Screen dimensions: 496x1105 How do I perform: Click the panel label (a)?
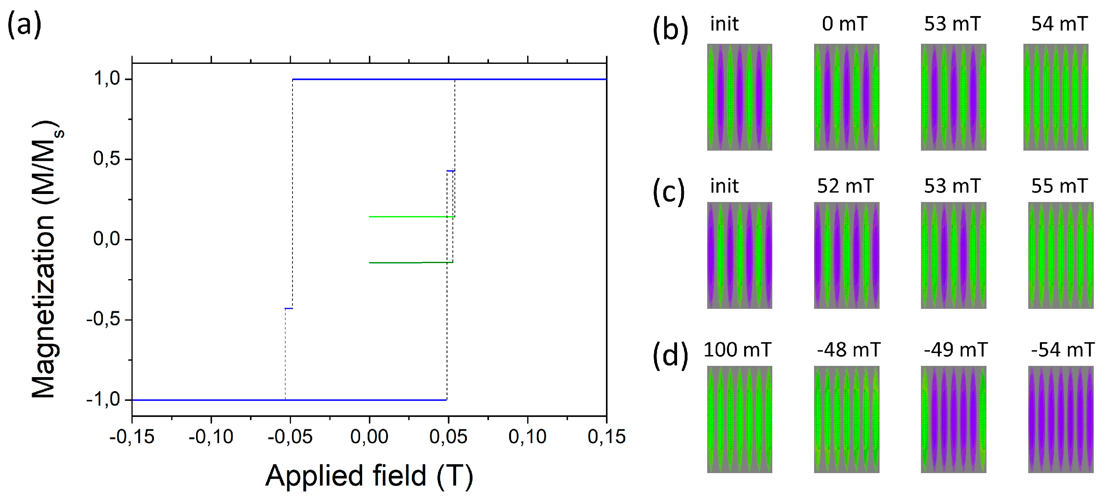point(24,24)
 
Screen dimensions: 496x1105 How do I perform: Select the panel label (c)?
point(669,192)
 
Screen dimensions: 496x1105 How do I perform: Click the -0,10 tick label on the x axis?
point(211,437)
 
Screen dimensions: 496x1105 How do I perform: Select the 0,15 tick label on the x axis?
point(606,437)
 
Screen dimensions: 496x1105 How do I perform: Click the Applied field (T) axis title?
point(369,476)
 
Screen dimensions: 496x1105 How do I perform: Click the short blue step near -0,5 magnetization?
point(289,308)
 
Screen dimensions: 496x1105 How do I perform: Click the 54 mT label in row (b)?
point(1059,24)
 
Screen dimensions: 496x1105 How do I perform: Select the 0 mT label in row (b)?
point(844,24)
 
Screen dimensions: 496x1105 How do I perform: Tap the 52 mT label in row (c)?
point(845,186)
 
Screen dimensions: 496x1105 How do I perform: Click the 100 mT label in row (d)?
point(737,349)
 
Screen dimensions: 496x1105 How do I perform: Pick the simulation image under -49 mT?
point(953,419)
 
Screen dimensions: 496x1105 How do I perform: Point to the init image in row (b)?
point(739,97)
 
